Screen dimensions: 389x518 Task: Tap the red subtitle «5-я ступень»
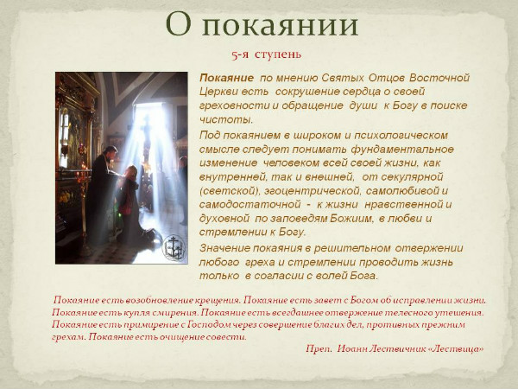[265, 54]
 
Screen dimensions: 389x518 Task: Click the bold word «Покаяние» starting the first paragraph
[226, 78]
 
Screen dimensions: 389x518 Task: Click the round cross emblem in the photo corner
[174, 246]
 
